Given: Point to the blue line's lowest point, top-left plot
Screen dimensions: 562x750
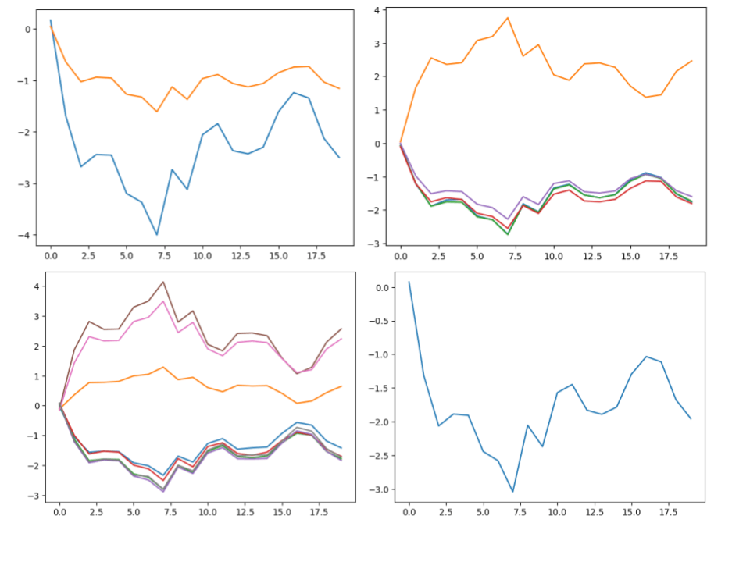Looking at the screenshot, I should tap(157, 234).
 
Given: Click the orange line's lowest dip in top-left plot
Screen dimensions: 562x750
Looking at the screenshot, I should tap(157, 112).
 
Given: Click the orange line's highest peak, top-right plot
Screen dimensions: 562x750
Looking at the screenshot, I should tap(508, 18).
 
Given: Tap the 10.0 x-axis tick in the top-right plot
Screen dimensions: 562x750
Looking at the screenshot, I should tap(554, 255).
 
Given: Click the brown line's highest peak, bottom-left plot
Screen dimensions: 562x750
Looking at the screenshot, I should tap(162, 282).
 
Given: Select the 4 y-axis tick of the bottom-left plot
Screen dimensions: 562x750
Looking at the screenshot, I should tap(34, 286).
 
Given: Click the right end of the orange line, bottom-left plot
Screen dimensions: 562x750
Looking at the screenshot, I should tap(341, 386).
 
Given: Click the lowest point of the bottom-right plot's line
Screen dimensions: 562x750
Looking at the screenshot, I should tap(512, 491).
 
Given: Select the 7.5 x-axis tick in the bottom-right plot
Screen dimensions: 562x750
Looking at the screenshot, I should tap(520, 513).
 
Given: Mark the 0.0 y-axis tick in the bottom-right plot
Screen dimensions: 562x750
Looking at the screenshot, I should tap(386, 287).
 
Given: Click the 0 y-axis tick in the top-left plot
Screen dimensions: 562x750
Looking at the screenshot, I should tap(29, 30).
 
